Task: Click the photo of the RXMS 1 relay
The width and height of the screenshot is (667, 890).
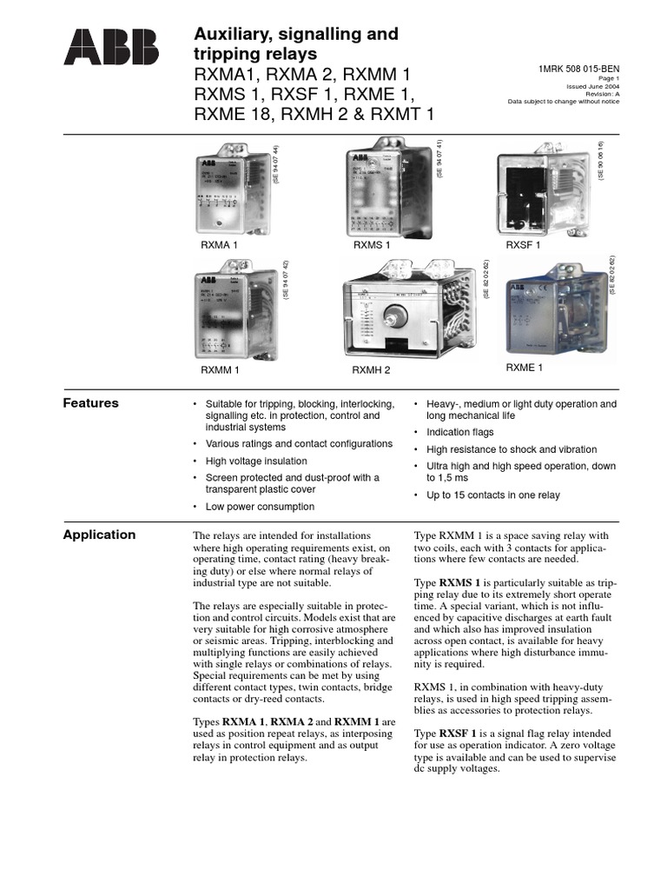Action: click(387, 189)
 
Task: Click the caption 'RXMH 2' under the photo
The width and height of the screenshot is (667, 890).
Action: click(371, 370)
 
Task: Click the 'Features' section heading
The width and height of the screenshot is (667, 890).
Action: click(90, 403)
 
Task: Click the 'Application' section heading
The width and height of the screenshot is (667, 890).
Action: click(99, 535)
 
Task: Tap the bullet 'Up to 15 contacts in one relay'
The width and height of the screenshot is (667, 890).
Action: click(492, 495)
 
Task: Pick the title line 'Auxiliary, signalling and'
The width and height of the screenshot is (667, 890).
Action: click(294, 35)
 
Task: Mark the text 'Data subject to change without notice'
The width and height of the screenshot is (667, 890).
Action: click(564, 102)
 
